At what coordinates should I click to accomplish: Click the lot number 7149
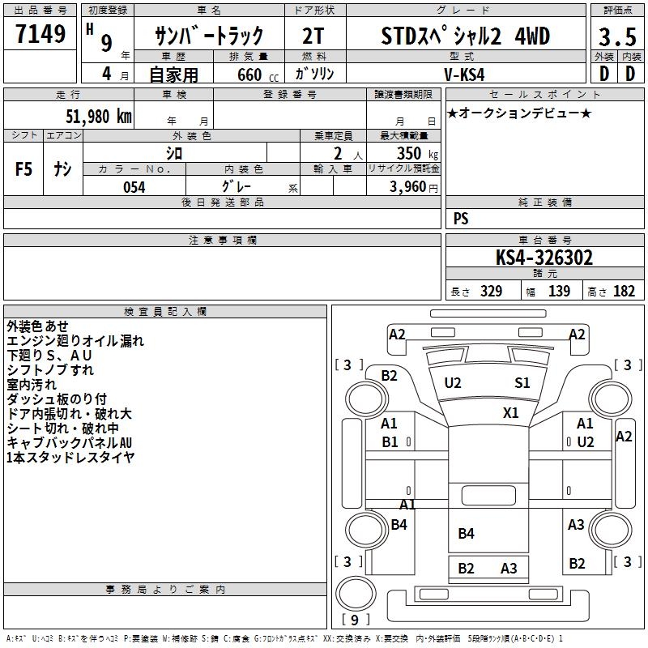40,36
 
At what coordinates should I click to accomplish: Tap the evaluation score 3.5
616,37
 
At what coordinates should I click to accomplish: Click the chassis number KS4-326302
544,258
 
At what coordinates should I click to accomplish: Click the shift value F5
24,169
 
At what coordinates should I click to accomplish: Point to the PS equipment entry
461,219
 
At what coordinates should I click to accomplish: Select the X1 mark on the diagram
510,412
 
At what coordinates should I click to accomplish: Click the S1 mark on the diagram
522,382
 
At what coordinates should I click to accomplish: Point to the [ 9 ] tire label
356,620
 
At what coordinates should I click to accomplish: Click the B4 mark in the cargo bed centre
466,533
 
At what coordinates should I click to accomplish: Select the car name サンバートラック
209,36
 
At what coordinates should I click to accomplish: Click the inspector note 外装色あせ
38,326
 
